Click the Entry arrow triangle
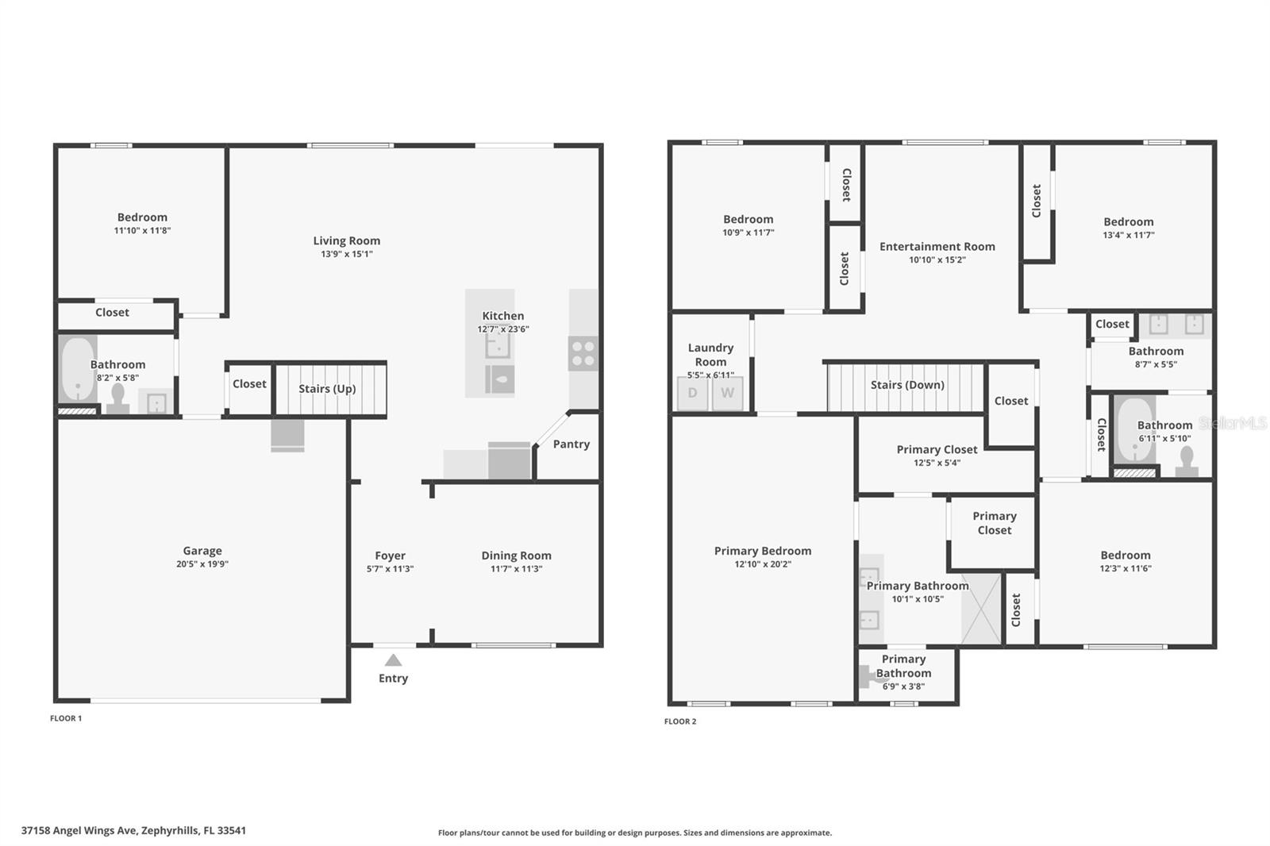(x=393, y=660)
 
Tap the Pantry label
(x=571, y=444)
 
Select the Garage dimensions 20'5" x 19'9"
(x=202, y=564)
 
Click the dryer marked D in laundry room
(x=692, y=393)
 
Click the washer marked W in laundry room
(x=727, y=393)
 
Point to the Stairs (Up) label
(x=327, y=389)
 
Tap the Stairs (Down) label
(x=907, y=385)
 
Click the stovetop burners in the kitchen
(x=583, y=353)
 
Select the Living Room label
(x=346, y=240)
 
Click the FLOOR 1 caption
(x=66, y=718)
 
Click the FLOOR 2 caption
(x=680, y=721)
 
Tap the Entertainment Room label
(x=937, y=247)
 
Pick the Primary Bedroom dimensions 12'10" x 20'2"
(x=763, y=564)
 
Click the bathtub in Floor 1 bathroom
(x=78, y=369)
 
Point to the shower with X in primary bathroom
(x=981, y=609)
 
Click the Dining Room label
(x=516, y=556)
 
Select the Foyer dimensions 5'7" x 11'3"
(x=390, y=569)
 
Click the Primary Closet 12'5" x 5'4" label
(x=937, y=450)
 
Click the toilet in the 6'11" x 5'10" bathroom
(x=1187, y=461)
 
